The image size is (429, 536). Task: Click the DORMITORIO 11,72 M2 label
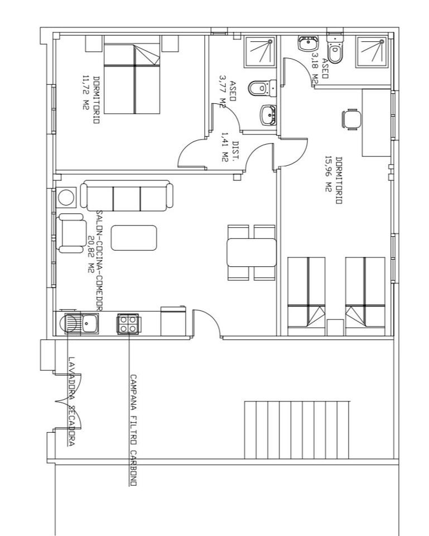(x=91, y=100)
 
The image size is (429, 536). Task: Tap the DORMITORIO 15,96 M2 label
(x=334, y=180)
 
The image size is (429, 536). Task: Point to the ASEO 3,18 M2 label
(x=320, y=68)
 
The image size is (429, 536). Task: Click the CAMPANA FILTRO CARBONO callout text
(x=133, y=430)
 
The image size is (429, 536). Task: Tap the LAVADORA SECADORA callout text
(x=71, y=401)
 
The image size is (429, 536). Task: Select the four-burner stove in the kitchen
(x=128, y=324)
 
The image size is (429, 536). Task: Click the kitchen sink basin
(x=90, y=324)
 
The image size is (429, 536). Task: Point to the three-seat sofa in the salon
(x=127, y=196)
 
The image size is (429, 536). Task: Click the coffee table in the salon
(x=134, y=238)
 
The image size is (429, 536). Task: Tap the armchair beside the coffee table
(x=72, y=233)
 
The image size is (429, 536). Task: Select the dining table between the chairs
(x=252, y=252)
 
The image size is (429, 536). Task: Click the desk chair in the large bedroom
(x=351, y=119)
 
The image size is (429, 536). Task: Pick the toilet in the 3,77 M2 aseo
(x=262, y=88)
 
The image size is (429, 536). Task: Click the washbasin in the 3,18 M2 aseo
(x=308, y=44)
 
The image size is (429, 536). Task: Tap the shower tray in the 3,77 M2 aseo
(x=260, y=51)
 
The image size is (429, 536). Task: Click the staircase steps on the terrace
(x=297, y=430)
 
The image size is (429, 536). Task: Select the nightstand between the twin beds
(x=335, y=328)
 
